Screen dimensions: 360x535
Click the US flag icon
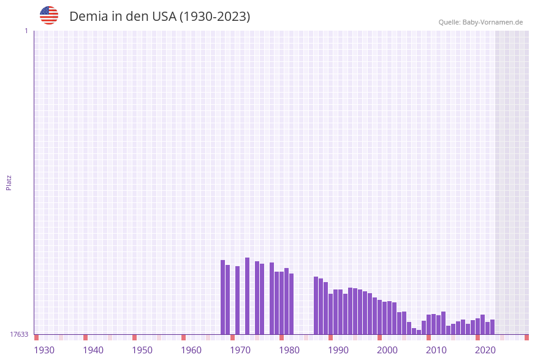(49, 15)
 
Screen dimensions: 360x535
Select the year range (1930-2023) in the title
(214, 17)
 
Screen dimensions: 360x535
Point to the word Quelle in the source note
(449, 23)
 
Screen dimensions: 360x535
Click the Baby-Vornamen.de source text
(493, 23)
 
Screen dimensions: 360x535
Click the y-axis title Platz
(9, 182)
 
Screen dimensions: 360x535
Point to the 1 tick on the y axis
(26, 31)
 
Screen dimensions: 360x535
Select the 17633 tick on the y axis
(19, 334)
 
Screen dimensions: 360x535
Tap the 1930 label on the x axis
(44, 350)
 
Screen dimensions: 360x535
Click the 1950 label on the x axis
(142, 350)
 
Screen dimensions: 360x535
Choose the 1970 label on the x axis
(240, 350)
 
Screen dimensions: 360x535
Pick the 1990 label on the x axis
(338, 350)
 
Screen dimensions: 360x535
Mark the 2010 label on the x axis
(436, 350)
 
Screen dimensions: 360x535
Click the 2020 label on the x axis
(485, 350)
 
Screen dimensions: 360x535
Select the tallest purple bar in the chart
(248, 296)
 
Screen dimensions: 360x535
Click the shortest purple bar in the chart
(419, 332)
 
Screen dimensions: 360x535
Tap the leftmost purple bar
(223, 297)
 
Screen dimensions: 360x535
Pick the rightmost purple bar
(493, 327)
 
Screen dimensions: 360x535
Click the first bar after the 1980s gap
(316, 305)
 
